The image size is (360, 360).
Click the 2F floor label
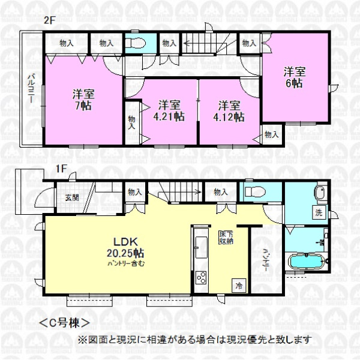(50, 21)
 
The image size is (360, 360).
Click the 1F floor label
(61, 169)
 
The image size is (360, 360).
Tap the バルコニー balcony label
(31, 88)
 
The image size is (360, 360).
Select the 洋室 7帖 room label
(83, 100)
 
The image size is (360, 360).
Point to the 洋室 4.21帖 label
(169, 111)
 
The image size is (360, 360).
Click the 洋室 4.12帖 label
(229, 111)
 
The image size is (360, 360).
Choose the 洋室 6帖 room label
(295, 77)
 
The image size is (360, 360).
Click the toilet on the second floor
(136, 43)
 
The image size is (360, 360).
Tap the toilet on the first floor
(256, 191)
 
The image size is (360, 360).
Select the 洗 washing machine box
(319, 213)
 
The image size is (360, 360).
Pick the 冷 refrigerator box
(239, 286)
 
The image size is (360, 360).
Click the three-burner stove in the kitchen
(200, 278)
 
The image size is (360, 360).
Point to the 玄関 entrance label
(72, 197)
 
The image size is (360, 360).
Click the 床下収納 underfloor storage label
(226, 238)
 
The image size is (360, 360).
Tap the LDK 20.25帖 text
(125, 248)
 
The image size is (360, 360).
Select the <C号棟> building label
(65, 323)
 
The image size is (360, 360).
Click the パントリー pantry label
(266, 260)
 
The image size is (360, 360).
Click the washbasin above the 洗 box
(320, 193)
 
